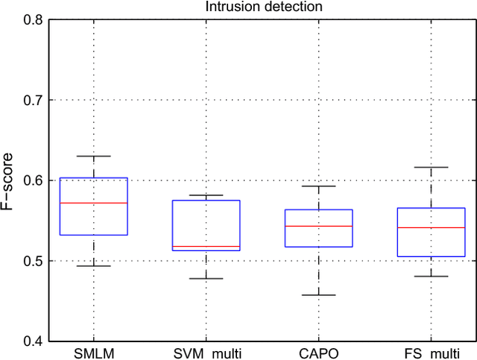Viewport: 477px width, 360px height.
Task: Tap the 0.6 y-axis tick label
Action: pyautogui.click(x=33, y=180)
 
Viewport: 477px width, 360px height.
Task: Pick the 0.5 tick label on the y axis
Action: pyautogui.click(x=33, y=261)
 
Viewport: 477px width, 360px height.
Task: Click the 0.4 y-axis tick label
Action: pyautogui.click(x=33, y=341)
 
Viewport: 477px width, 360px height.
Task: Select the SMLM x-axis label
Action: pyautogui.click(x=94, y=352)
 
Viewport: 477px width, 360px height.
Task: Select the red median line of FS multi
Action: pyautogui.click(x=431, y=227)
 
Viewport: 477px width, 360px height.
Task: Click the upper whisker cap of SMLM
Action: pyautogui.click(x=94, y=156)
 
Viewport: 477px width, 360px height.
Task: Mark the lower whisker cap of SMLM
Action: pyautogui.click(x=94, y=265)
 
